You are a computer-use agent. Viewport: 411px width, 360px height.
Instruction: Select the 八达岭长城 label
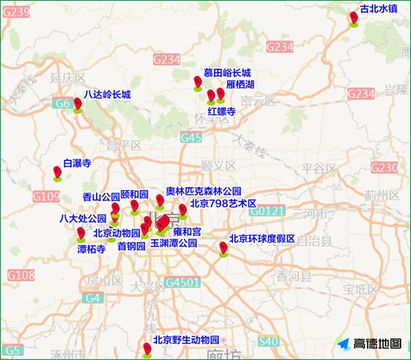[x=107, y=95]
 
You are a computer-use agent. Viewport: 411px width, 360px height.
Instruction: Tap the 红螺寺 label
[x=222, y=111]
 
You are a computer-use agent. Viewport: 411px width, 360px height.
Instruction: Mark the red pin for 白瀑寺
[x=58, y=173]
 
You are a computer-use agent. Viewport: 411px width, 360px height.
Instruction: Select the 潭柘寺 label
[x=91, y=249]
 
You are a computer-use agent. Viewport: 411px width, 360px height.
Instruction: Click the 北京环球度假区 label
[x=262, y=239]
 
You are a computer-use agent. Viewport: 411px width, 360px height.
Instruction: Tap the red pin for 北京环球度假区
[x=223, y=247]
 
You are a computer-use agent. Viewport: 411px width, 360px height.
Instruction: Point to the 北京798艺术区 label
[x=223, y=203]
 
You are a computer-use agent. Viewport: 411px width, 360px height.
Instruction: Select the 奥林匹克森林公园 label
[x=203, y=191]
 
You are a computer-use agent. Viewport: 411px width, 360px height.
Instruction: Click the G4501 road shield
[x=182, y=283]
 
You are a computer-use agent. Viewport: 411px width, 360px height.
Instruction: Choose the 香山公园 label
[x=100, y=197]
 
